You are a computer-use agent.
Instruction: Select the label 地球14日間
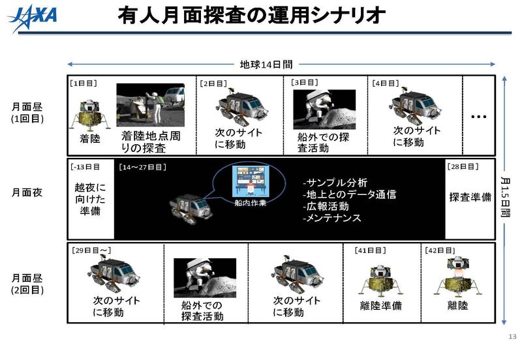tap(266, 65)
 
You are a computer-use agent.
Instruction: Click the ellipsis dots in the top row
tap(479, 116)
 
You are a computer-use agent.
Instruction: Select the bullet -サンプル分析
tap(335, 183)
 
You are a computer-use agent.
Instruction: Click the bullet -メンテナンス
tap(331, 218)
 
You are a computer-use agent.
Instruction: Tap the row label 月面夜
tap(27, 194)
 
